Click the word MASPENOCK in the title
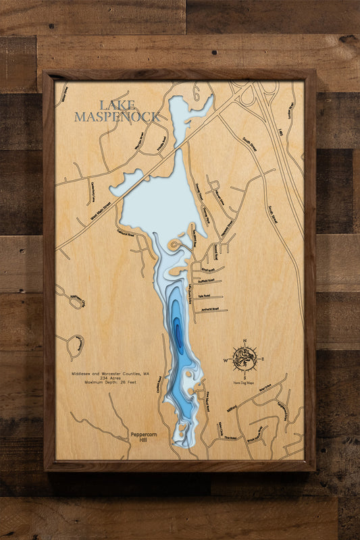117,117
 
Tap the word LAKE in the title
117,105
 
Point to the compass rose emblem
244,358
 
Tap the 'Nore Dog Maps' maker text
244,383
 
